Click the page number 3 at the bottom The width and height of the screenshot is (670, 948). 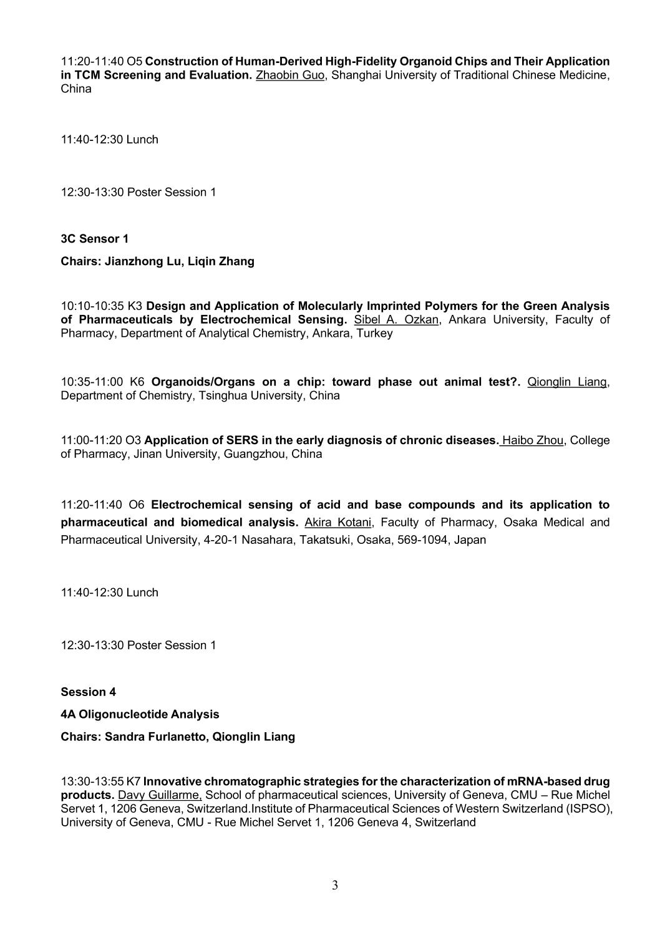[x=335, y=886]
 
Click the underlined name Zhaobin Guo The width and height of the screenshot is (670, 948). [x=291, y=75]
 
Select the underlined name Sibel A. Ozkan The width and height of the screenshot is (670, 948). [x=396, y=320]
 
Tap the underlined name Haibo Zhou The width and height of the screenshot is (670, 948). [x=532, y=440]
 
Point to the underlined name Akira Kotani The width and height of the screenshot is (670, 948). [x=337, y=522]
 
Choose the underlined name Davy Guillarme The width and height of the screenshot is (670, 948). [x=160, y=795]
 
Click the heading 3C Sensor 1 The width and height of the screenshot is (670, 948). [x=95, y=239]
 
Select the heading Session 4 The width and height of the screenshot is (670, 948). [x=88, y=692]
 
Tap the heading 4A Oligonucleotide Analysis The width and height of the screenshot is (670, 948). [x=140, y=714]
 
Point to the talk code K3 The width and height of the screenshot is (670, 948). [x=135, y=306]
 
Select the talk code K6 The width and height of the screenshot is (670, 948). [x=137, y=382]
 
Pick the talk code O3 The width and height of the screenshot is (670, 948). [x=134, y=440]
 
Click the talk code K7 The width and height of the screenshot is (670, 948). [x=134, y=781]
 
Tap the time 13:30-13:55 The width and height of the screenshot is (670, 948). [x=92, y=781]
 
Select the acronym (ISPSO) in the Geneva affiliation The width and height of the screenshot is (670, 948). [x=591, y=809]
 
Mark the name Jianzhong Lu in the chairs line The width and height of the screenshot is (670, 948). [x=142, y=261]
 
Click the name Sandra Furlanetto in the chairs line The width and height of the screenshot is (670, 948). [x=155, y=737]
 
